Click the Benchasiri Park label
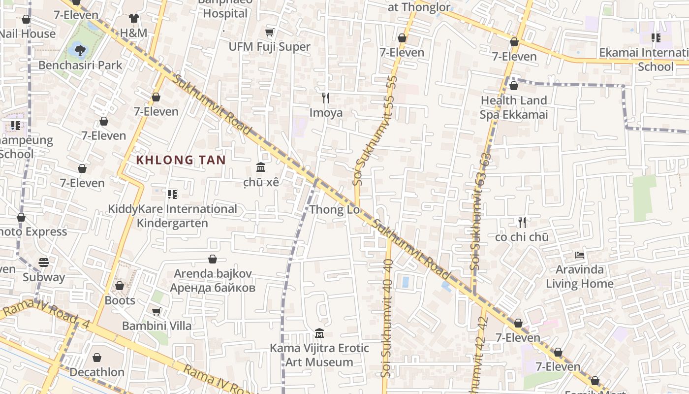click(x=80, y=65)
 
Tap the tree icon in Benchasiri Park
click(x=80, y=50)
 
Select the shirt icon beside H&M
click(x=133, y=18)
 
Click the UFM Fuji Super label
click(x=269, y=47)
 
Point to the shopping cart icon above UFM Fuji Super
click(x=269, y=33)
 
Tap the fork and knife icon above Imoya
click(x=325, y=98)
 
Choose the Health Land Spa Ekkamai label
click(x=513, y=107)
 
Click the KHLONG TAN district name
click(x=181, y=160)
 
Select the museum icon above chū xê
click(x=261, y=167)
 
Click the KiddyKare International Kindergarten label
click(x=172, y=216)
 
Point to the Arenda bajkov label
click(x=213, y=280)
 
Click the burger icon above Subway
click(x=44, y=263)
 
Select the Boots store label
click(x=120, y=300)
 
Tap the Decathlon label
click(x=97, y=372)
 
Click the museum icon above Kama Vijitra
click(x=319, y=333)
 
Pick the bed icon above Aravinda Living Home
click(x=580, y=255)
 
